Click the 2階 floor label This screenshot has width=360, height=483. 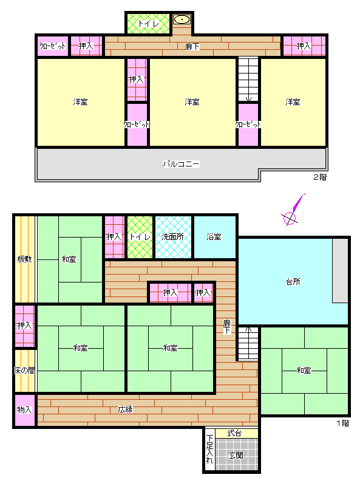point(320,177)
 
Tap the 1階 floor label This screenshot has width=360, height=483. point(343,423)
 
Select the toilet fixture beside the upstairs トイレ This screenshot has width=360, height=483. point(182,19)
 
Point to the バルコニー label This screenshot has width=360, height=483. point(182,164)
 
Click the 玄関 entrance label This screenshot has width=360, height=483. point(236,455)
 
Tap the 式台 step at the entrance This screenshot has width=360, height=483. point(236,433)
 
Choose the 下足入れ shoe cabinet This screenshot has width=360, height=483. point(209,449)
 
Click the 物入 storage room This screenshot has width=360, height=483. point(25,409)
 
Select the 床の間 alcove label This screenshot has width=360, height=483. point(25,370)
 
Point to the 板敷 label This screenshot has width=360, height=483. point(25,259)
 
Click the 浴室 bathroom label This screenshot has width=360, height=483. point(214,236)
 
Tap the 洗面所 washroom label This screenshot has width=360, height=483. point(172,236)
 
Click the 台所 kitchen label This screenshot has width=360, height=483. point(293,281)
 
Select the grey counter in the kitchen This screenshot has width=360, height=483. point(340,270)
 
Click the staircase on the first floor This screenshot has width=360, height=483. point(248,343)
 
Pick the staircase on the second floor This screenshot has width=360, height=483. point(248,80)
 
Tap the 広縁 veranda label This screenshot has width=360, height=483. point(125,409)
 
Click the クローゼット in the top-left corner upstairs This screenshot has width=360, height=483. point(53,46)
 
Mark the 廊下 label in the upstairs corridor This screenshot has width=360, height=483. point(192,47)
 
